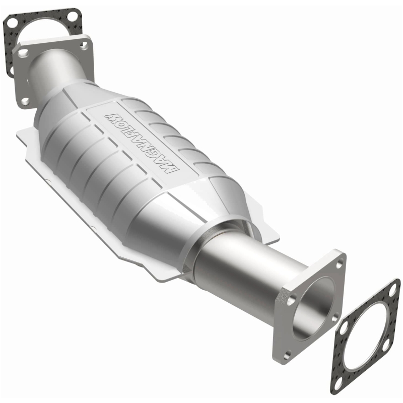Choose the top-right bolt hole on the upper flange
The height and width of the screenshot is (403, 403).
pos(84,45)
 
